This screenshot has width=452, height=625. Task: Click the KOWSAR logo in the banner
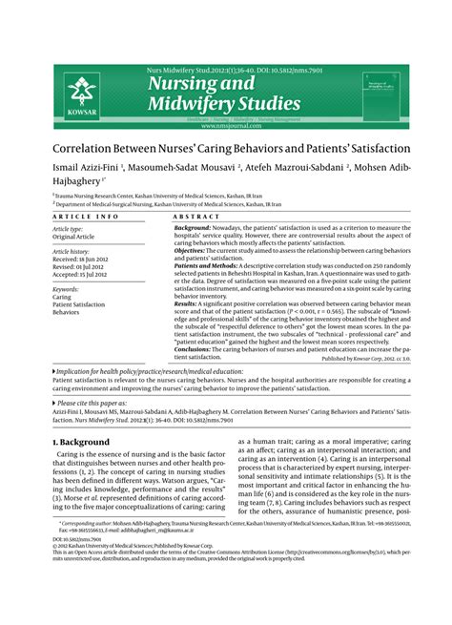tap(79, 95)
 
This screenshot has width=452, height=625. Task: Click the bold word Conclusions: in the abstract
tap(197, 349)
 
